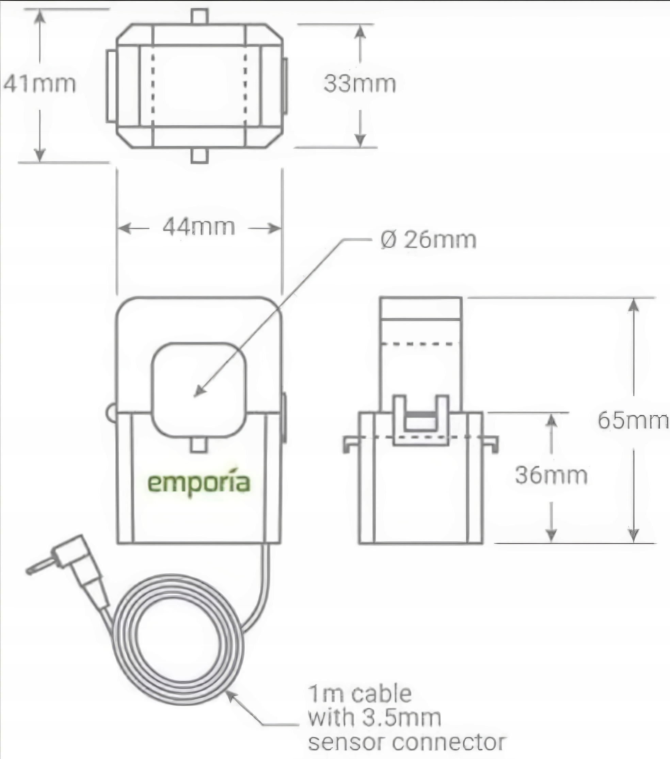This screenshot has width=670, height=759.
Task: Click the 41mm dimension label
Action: click(39, 84)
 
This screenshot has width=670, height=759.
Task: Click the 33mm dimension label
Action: click(360, 84)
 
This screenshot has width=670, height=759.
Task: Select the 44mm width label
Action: click(199, 227)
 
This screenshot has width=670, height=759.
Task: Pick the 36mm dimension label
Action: click(551, 475)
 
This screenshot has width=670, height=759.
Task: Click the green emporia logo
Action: click(199, 483)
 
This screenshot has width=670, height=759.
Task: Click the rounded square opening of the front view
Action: click(199, 389)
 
